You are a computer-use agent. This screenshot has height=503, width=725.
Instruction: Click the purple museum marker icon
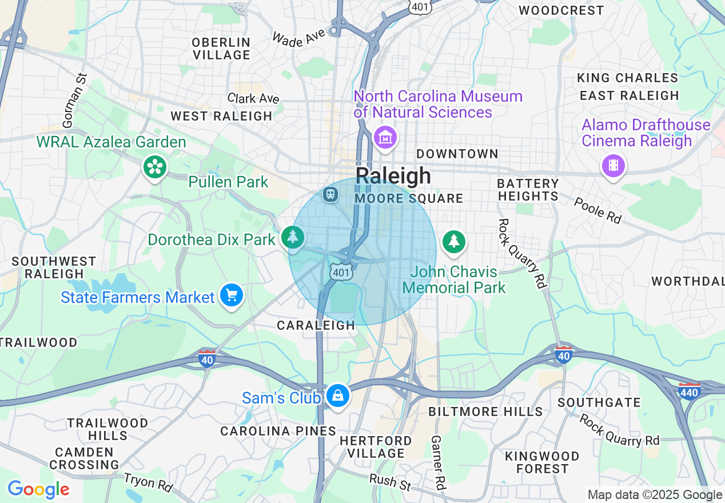tap(385, 137)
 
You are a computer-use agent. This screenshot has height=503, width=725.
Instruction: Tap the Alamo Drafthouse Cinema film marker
tap(613, 166)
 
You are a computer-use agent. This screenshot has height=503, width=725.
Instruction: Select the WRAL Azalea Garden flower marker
tap(154, 167)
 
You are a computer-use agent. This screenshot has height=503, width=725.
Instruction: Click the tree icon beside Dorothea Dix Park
tap(293, 237)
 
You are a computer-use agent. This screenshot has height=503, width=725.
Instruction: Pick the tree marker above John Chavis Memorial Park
tap(454, 241)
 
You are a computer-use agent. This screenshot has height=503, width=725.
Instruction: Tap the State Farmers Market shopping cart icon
tap(232, 296)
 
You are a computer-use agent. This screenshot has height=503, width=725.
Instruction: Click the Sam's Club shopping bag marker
tap(337, 396)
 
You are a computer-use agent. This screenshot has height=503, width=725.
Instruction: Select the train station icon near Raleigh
tap(330, 194)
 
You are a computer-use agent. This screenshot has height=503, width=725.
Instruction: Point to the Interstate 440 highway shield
tap(690, 391)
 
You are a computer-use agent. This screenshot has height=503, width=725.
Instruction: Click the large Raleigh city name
tap(393, 175)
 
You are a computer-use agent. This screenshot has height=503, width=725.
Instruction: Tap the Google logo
tap(38, 490)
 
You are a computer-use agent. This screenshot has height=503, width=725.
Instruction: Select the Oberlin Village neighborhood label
tap(221, 49)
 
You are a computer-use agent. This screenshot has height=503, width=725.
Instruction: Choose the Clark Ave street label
tap(253, 98)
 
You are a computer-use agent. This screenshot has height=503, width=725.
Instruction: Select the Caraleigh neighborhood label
tap(316, 325)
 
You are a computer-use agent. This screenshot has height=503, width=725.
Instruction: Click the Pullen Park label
tap(228, 182)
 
